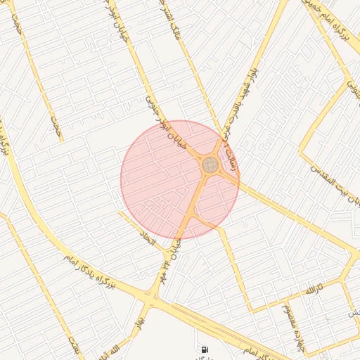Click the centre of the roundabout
210,165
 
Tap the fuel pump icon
205,349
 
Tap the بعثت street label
75,345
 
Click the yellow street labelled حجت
56,127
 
